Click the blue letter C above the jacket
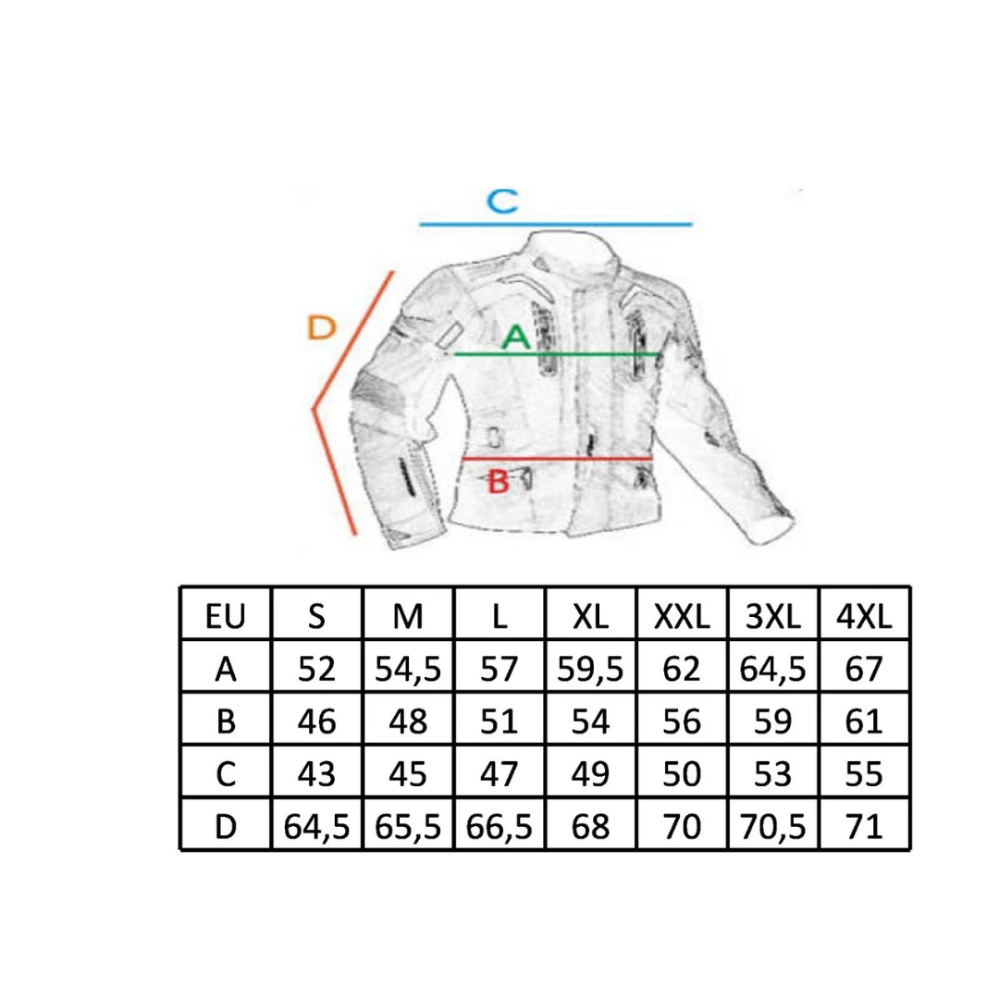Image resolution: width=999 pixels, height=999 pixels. point(502,202)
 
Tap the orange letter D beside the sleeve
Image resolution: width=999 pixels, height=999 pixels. point(321,327)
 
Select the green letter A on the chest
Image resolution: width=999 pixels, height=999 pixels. point(515,337)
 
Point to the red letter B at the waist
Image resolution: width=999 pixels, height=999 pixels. point(499,481)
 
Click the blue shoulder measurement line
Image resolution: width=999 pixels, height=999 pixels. point(556,224)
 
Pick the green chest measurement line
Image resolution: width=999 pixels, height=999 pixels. point(556,353)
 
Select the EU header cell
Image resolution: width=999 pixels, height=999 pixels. point(226,616)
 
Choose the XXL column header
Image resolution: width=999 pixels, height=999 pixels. point(682,616)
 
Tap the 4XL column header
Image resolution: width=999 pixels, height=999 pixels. point(864,616)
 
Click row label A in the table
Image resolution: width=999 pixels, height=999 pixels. point(226,669)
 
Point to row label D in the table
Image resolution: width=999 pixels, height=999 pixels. point(226,826)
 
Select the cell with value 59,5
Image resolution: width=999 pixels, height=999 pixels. point(590,669)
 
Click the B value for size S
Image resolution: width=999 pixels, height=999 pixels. point(316,721)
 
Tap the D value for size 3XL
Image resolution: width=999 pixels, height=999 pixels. point(772,826)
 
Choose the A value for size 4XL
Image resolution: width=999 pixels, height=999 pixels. point(864,669)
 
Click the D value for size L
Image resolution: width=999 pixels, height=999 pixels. point(499,826)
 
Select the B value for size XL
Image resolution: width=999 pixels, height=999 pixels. point(590,721)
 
